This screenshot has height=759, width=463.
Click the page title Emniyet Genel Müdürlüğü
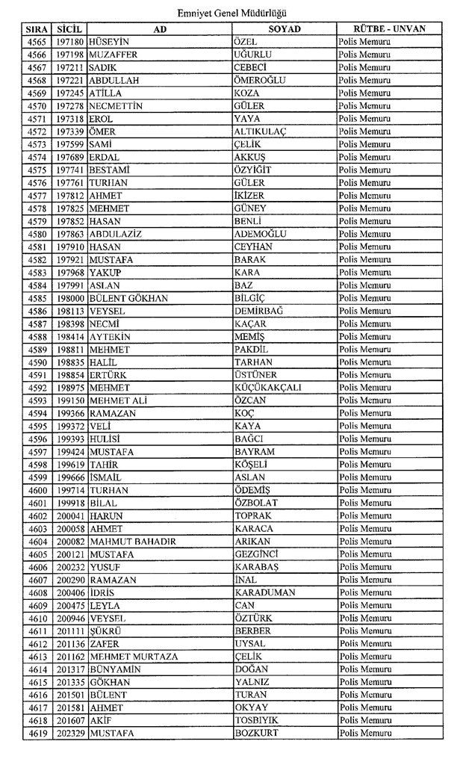[x=232, y=13]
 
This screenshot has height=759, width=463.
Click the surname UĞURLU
[x=252, y=55]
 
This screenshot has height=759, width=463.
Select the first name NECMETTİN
[x=115, y=106]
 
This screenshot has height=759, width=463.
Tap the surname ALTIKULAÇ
[x=261, y=131]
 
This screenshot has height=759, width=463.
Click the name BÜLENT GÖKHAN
[x=128, y=298]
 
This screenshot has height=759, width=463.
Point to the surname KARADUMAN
[x=264, y=592]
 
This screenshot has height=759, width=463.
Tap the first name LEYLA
[x=105, y=605]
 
